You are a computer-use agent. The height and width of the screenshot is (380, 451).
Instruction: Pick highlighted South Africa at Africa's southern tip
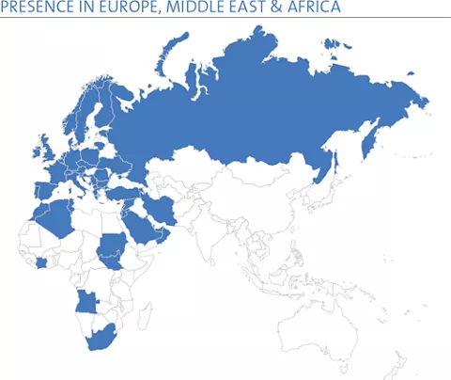pyautogui.click(x=100, y=340)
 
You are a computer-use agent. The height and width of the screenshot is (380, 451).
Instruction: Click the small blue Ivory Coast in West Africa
pyautogui.click(x=41, y=265)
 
